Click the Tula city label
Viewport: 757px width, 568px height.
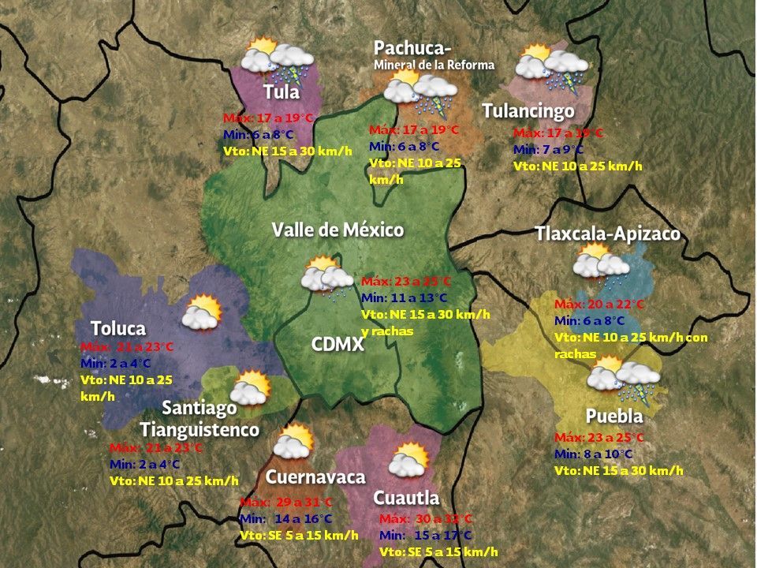[282, 92]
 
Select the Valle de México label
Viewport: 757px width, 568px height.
[337, 230]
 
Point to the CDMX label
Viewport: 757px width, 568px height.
[337, 344]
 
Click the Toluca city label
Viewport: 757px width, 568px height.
[118, 327]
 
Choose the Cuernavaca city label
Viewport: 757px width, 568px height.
[315, 476]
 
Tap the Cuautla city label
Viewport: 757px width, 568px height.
[406, 498]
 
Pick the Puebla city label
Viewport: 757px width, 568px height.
[614, 416]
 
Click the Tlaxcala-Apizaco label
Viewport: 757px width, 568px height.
[607, 234]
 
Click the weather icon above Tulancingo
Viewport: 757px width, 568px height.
[552, 69]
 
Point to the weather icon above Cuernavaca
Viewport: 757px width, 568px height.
[293, 442]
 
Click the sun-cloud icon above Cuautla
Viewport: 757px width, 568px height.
[408, 460]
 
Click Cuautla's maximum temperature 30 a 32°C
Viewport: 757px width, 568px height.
[426, 518]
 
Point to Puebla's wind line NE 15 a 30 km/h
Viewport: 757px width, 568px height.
[618, 470]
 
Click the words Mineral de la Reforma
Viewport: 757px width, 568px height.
[434, 65]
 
